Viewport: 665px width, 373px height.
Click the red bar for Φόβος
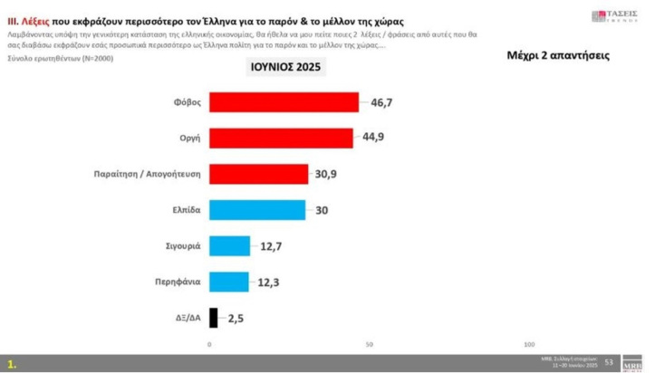(x=284, y=102)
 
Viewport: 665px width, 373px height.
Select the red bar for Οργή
(x=281, y=138)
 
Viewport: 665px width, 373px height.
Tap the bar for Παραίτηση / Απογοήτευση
(x=258, y=173)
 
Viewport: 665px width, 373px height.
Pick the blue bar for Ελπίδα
(x=257, y=209)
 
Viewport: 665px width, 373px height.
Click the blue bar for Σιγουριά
(x=229, y=245)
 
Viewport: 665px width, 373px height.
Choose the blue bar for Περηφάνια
(x=228, y=282)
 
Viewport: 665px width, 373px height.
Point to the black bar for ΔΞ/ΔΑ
(x=213, y=318)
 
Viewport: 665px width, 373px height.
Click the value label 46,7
(x=382, y=103)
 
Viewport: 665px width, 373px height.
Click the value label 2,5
(x=237, y=318)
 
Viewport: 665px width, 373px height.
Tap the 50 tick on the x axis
(x=370, y=345)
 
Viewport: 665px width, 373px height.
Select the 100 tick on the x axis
(x=529, y=345)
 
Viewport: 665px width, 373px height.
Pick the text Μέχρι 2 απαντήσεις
(x=557, y=56)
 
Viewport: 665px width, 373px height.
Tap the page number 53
(x=609, y=362)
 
